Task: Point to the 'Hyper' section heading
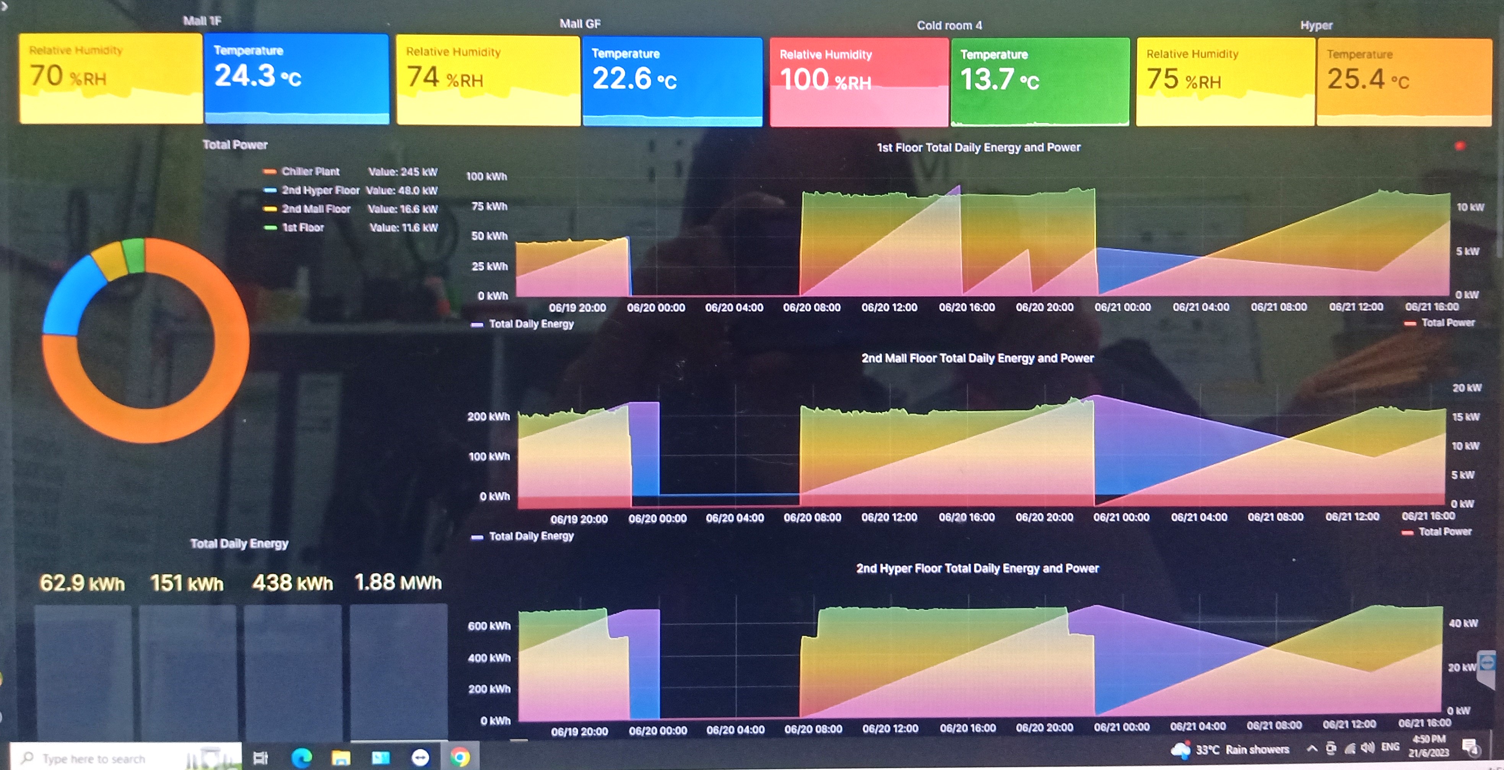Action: [x=1316, y=25]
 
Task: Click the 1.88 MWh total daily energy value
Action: [x=398, y=582]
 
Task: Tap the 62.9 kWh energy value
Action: [x=82, y=583]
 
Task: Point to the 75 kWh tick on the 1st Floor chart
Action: [x=489, y=206]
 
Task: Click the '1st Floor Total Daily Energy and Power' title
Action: [x=978, y=148]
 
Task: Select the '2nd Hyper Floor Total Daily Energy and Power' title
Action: [x=977, y=569]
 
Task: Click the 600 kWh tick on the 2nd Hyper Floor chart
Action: [x=489, y=626]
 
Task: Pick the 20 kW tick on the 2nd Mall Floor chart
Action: [x=1466, y=388]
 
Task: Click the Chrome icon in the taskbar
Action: [x=460, y=757]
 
